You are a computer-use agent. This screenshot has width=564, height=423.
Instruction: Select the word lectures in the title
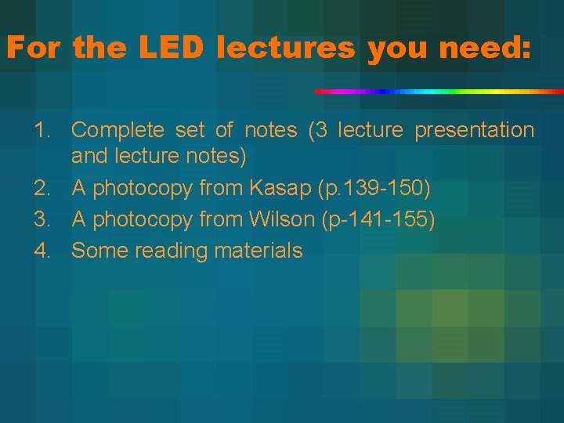pos(286,49)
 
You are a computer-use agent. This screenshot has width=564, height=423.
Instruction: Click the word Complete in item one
pos(117,130)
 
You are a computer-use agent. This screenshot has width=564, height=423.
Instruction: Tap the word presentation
pos(474,130)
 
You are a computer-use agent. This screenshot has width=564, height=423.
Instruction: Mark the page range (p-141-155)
pos(378,220)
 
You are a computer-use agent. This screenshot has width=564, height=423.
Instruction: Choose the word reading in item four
pos(167,251)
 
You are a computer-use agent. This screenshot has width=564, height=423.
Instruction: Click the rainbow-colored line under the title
pos(439,92)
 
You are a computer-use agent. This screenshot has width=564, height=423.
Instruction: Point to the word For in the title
pos(34,49)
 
